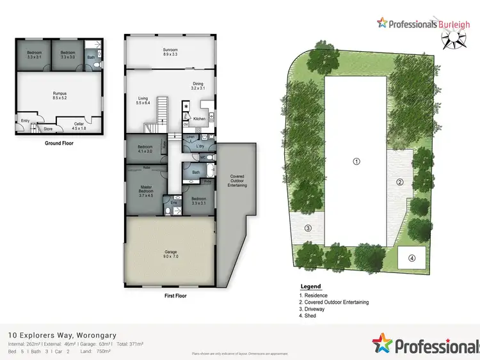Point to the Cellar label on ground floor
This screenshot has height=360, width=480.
(x=79, y=125)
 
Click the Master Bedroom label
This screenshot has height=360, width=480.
(x=146, y=190)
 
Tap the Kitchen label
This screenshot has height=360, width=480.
(x=199, y=119)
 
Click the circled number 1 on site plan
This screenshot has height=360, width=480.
(x=356, y=161)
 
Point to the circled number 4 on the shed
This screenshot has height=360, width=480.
(x=412, y=258)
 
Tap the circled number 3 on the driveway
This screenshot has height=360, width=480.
(x=308, y=228)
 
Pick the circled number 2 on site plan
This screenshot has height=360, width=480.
(x=400, y=182)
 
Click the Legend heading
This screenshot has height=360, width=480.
(x=310, y=286)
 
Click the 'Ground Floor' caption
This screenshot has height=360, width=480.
(x=59, y=143)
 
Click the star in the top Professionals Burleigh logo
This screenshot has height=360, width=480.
(x=383, y=23)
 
